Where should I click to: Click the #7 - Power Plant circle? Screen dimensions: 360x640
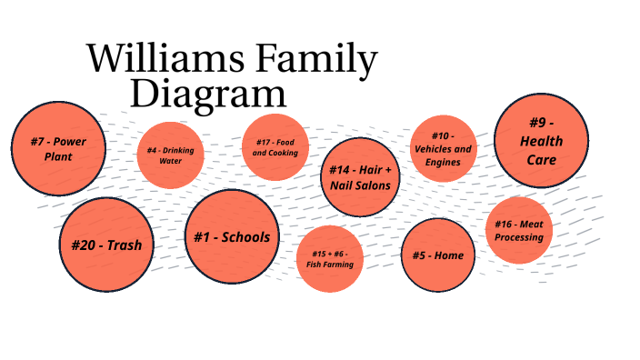[58, 149]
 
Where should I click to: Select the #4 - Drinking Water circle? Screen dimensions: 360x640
[170, 155]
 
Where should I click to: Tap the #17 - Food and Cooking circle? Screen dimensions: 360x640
[275, 147]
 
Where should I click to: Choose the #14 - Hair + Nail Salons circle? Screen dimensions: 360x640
[360, 177]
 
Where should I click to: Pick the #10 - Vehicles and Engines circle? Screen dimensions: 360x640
[443, 149]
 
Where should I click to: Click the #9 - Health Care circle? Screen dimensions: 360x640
[541, 141]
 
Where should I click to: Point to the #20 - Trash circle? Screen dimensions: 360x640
[106, 245]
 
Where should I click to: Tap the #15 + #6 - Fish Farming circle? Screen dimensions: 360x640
[329, 258]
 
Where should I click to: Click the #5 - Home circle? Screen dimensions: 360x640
[437, 255]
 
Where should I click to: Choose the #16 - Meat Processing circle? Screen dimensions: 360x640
[519, 230]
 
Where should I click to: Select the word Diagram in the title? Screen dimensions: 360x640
[208, 94]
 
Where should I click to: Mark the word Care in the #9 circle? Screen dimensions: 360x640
[541, 160]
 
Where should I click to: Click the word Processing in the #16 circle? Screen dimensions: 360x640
[519, 237]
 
